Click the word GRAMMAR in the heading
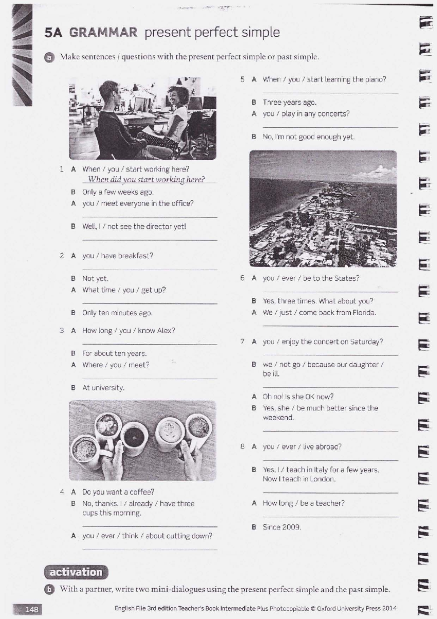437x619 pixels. (x=103, y=33)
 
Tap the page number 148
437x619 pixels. (x=31, y=609)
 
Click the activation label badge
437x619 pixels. (x=76, y=572)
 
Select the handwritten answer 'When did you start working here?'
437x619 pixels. (x=146, y=179)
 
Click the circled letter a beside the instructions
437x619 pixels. (x=49, y=57)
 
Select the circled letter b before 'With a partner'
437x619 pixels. (x=49, y=589)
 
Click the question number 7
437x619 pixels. (x=242, y=342)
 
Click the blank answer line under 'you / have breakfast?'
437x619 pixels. (x=150, y=269)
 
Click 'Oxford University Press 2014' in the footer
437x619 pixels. (x=357, y=608)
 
